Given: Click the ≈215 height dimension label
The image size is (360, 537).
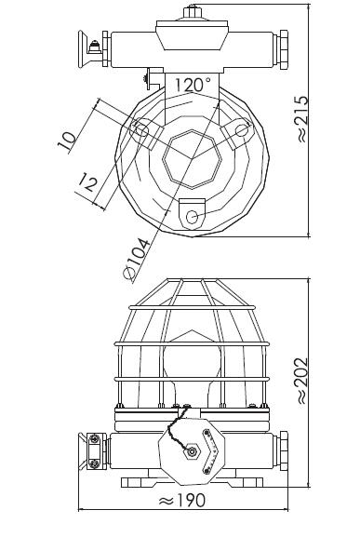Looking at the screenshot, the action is pyautogui.click(x=302, y=119).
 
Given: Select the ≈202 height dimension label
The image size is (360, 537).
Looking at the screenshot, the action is pyautogui.click(x=302, y=381).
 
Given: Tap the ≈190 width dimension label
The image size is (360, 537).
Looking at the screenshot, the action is pyautogui.click(x=182, y=501).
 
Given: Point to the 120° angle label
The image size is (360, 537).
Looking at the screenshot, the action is pyautogui.click(x=193, y=85).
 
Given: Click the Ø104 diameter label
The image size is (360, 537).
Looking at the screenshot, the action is pyautogui.click(x=136, y=260).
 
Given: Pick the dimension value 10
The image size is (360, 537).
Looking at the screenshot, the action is pyautogui.click(x=66, y=141).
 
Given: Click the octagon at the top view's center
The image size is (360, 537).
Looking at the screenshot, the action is pyautogui.click(x=193, y=159).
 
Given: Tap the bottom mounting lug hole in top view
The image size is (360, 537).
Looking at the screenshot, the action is pyautogui.click(x=192, y=217).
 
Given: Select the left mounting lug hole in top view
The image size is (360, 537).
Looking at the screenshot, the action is pyautogui.click(x=141, y=129).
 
